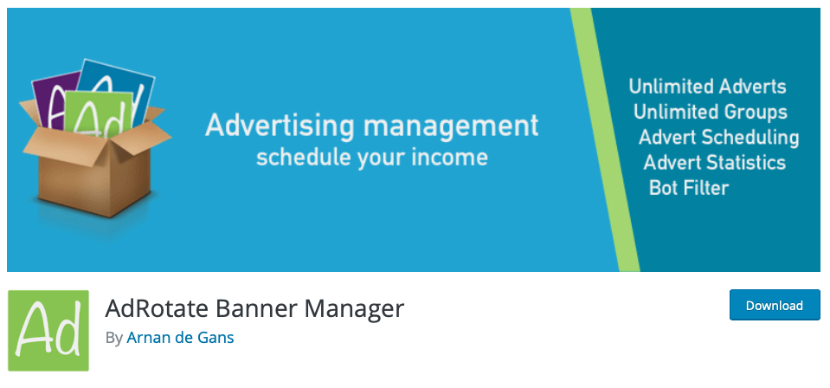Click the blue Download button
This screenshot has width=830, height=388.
pos(775,305)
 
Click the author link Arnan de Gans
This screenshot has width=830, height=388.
pos(180,338)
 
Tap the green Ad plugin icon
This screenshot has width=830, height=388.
pos(48,330)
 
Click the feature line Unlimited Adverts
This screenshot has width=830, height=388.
pos(707,87)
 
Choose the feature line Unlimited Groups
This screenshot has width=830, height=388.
pos(710,113)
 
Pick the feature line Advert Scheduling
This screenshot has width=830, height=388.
pos(718,138)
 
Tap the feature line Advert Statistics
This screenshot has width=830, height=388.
pos(714,162)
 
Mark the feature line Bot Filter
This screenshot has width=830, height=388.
pos(689,188)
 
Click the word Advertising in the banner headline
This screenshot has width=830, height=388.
pos(280,126)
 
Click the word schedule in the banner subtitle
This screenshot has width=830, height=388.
pos(304,158)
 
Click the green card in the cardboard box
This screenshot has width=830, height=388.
pos(99,113)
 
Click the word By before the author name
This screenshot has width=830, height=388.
pos(113,338)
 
